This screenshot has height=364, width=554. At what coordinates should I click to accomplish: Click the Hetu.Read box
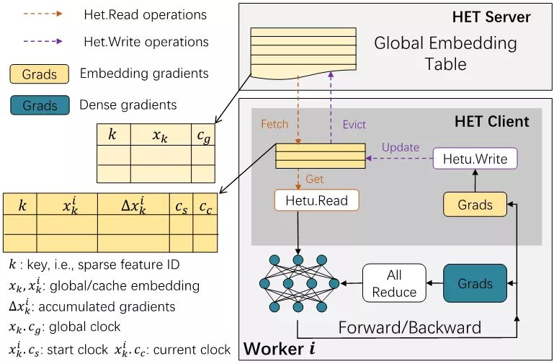point(317,200)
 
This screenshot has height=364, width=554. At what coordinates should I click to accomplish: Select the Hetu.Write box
point(475,159)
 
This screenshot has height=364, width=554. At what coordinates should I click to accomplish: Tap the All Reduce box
point(394,283)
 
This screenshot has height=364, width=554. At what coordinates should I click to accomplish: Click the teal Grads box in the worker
point(475,283)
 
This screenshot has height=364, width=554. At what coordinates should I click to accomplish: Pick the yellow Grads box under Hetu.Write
point(475,204)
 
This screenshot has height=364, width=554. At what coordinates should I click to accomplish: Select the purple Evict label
point(354,123)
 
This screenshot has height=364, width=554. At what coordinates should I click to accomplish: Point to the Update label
point(400,147)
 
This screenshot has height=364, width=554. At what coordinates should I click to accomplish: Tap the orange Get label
point(315,178)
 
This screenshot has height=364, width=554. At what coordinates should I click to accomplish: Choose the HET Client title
point(491,120)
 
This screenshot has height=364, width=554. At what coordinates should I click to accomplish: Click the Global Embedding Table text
point(444,53)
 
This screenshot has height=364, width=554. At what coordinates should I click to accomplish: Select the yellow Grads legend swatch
point(39,74)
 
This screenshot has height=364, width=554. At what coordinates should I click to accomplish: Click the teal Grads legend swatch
point(39,105)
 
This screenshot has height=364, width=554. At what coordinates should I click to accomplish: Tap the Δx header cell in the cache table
point(133,205)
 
